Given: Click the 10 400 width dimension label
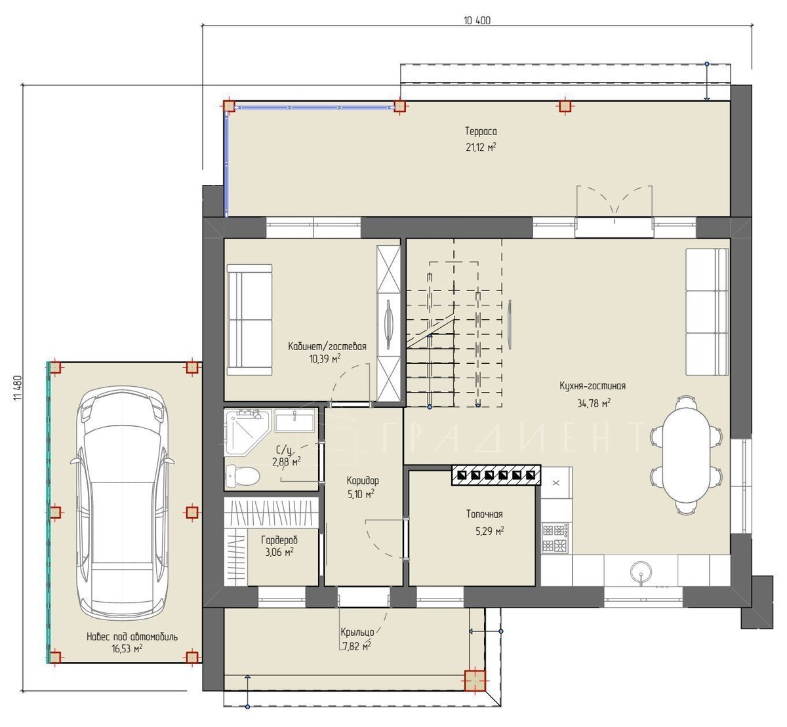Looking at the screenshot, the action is point(477,20).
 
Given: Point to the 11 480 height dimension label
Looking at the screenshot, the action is point(18,388).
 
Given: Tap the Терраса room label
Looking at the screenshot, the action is point(481,131).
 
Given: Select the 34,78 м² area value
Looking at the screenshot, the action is point(594,403).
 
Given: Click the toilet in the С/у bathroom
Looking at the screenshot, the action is point(242,476).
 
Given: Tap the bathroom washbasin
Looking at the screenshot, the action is point(294,420).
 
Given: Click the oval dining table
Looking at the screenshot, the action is point(687,456).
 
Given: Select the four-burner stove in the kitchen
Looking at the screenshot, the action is point(555,538).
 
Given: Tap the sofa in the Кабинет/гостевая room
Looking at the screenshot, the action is point(249,320).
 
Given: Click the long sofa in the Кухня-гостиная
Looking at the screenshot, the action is point(707,312).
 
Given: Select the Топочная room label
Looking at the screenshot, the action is point(484,514).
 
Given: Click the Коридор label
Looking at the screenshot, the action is point(363,481).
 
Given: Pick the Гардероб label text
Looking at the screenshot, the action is point(279,540).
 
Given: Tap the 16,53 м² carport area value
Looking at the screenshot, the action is point(127,648).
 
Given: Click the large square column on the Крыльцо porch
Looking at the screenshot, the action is point(475,680).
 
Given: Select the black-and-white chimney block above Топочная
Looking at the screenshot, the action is point(496,475).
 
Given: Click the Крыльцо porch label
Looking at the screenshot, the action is point(357,632).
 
